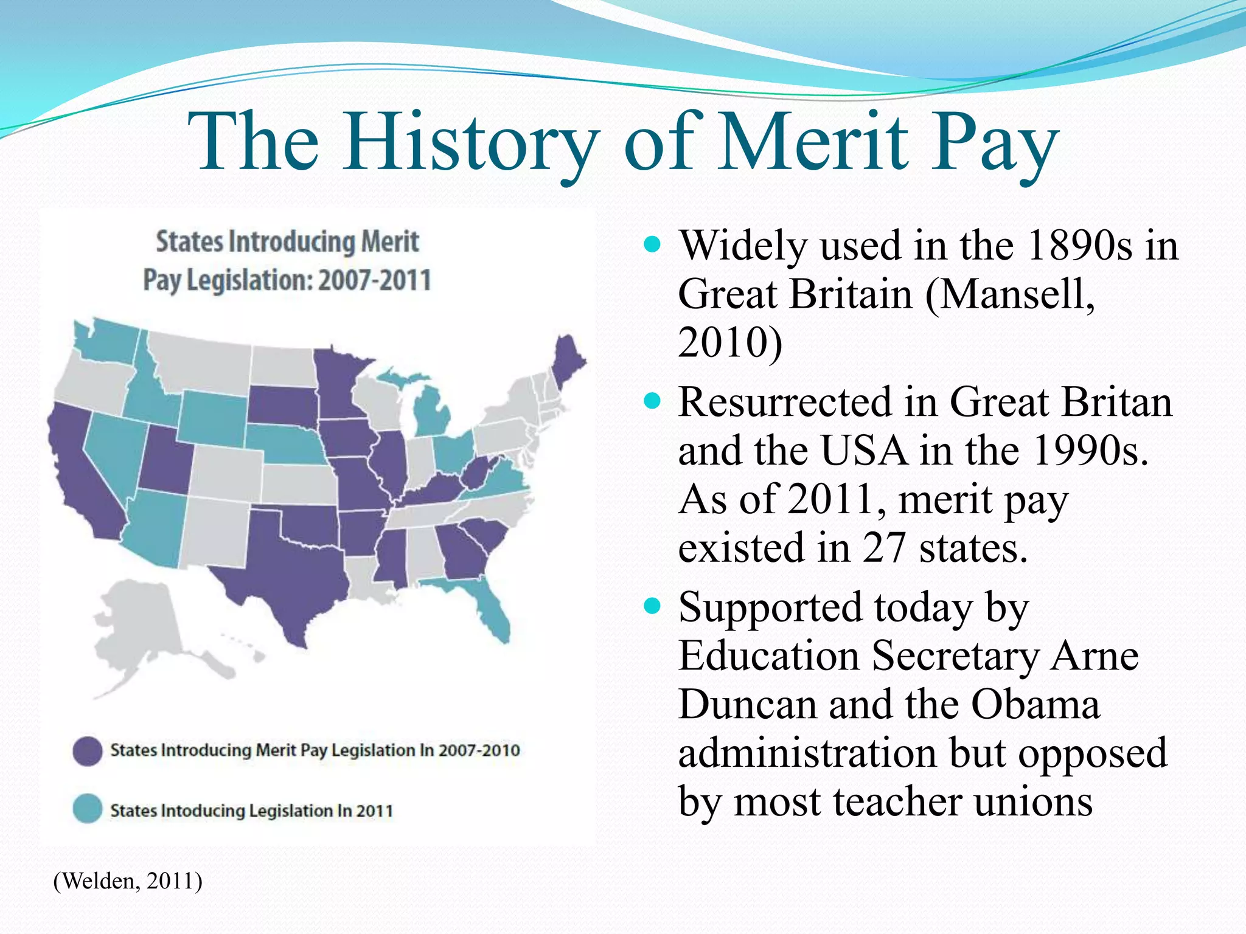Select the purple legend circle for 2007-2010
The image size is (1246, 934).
(x=88, y=751)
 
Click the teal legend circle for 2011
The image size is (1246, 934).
(x=88, y=809)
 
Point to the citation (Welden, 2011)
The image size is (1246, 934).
(x=128, y=881)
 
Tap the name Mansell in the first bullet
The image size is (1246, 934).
(x=1010, y=294)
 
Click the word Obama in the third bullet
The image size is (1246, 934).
(x=1035, y=705)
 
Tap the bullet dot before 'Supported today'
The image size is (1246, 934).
(x=652, y=606)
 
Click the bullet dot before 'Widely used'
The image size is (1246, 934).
(x=652, y=245)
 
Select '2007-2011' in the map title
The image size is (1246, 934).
(x=374, y=281)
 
